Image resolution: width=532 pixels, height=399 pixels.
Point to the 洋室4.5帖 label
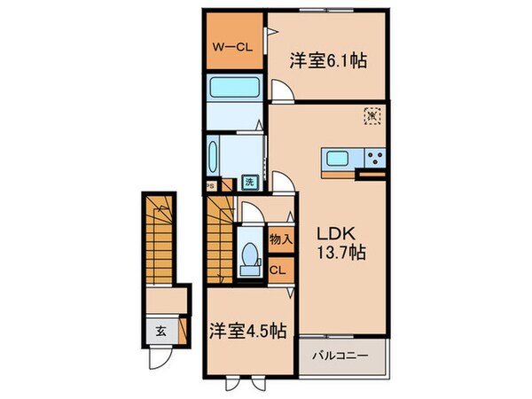248,330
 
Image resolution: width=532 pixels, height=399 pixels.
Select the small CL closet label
277,270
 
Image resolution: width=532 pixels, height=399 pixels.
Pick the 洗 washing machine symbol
251,184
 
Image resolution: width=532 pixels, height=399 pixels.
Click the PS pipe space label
210,186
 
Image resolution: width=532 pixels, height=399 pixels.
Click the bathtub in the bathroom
232,90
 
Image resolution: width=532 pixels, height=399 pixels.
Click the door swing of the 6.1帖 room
279,89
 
